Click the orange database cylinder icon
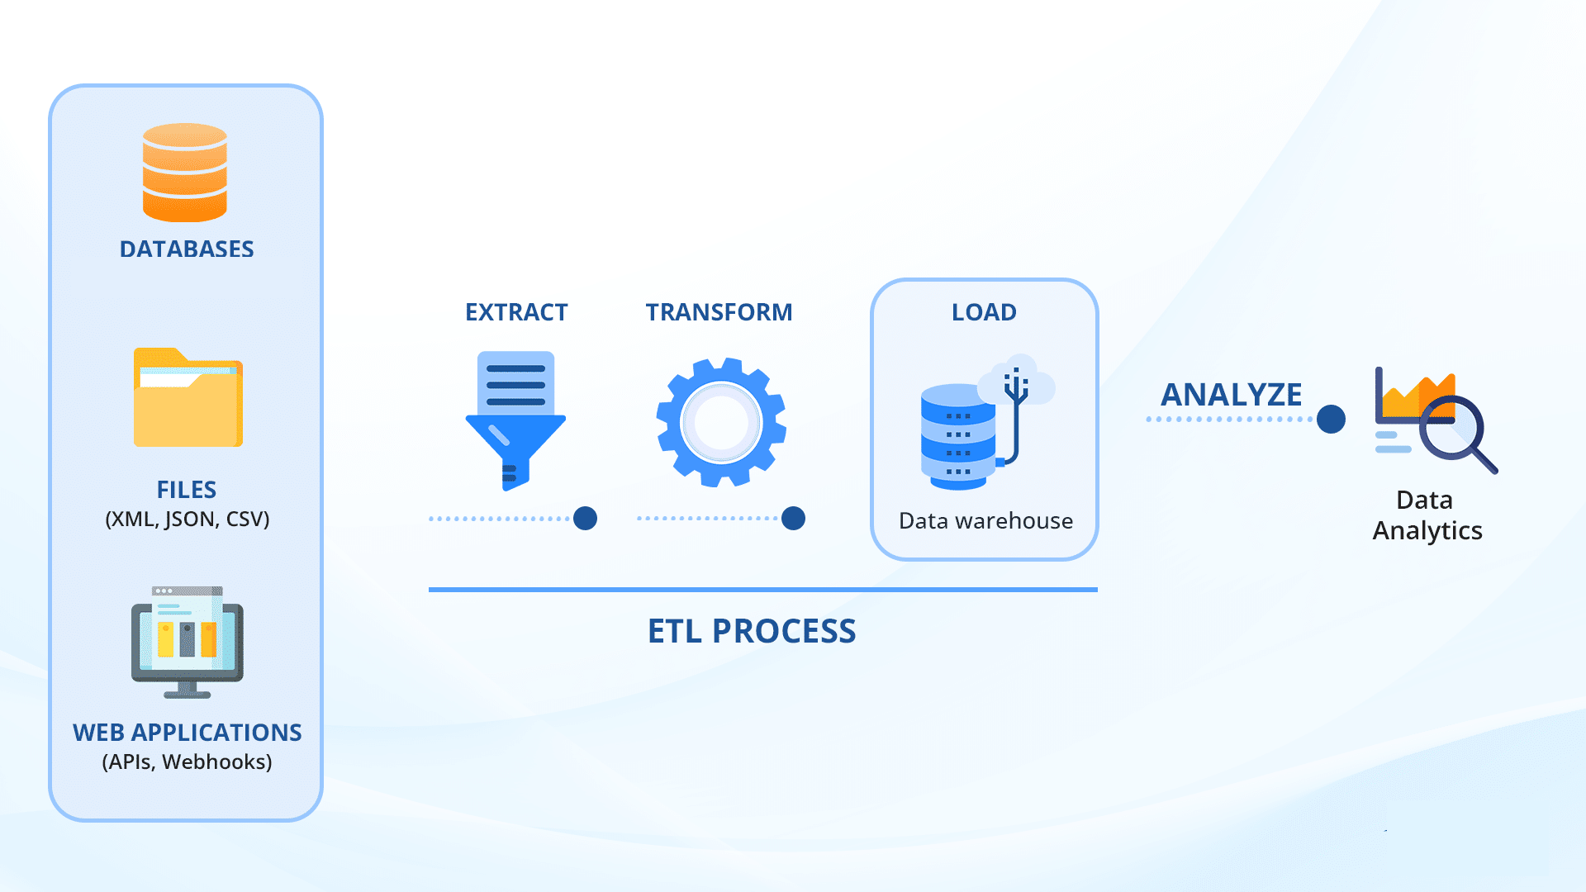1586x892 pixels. click(185, 173)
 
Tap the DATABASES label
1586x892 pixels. click(187, 249)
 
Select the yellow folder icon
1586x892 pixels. click(188, 397)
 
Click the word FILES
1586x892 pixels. click(187, 490)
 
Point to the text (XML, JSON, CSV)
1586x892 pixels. click(188, 520)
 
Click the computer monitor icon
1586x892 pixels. click(188, 643)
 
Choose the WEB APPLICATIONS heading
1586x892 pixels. click(188, 733)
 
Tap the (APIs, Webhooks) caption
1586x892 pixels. click(188, 762)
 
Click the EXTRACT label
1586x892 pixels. click(516, 312)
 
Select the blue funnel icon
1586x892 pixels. click(515, 421)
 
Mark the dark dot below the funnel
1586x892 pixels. click(585, 519)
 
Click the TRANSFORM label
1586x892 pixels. click(719, 312)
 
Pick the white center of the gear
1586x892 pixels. click(721, 423)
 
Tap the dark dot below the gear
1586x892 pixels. click(793, 519)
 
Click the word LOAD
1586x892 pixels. click(984, 312)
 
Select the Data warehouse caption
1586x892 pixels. click(985, 521)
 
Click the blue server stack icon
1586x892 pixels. click(958, 437)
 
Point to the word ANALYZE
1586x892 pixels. click(1232, 395)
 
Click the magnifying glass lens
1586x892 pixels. click(1452, 428)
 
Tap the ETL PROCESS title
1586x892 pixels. click(752, 632)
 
